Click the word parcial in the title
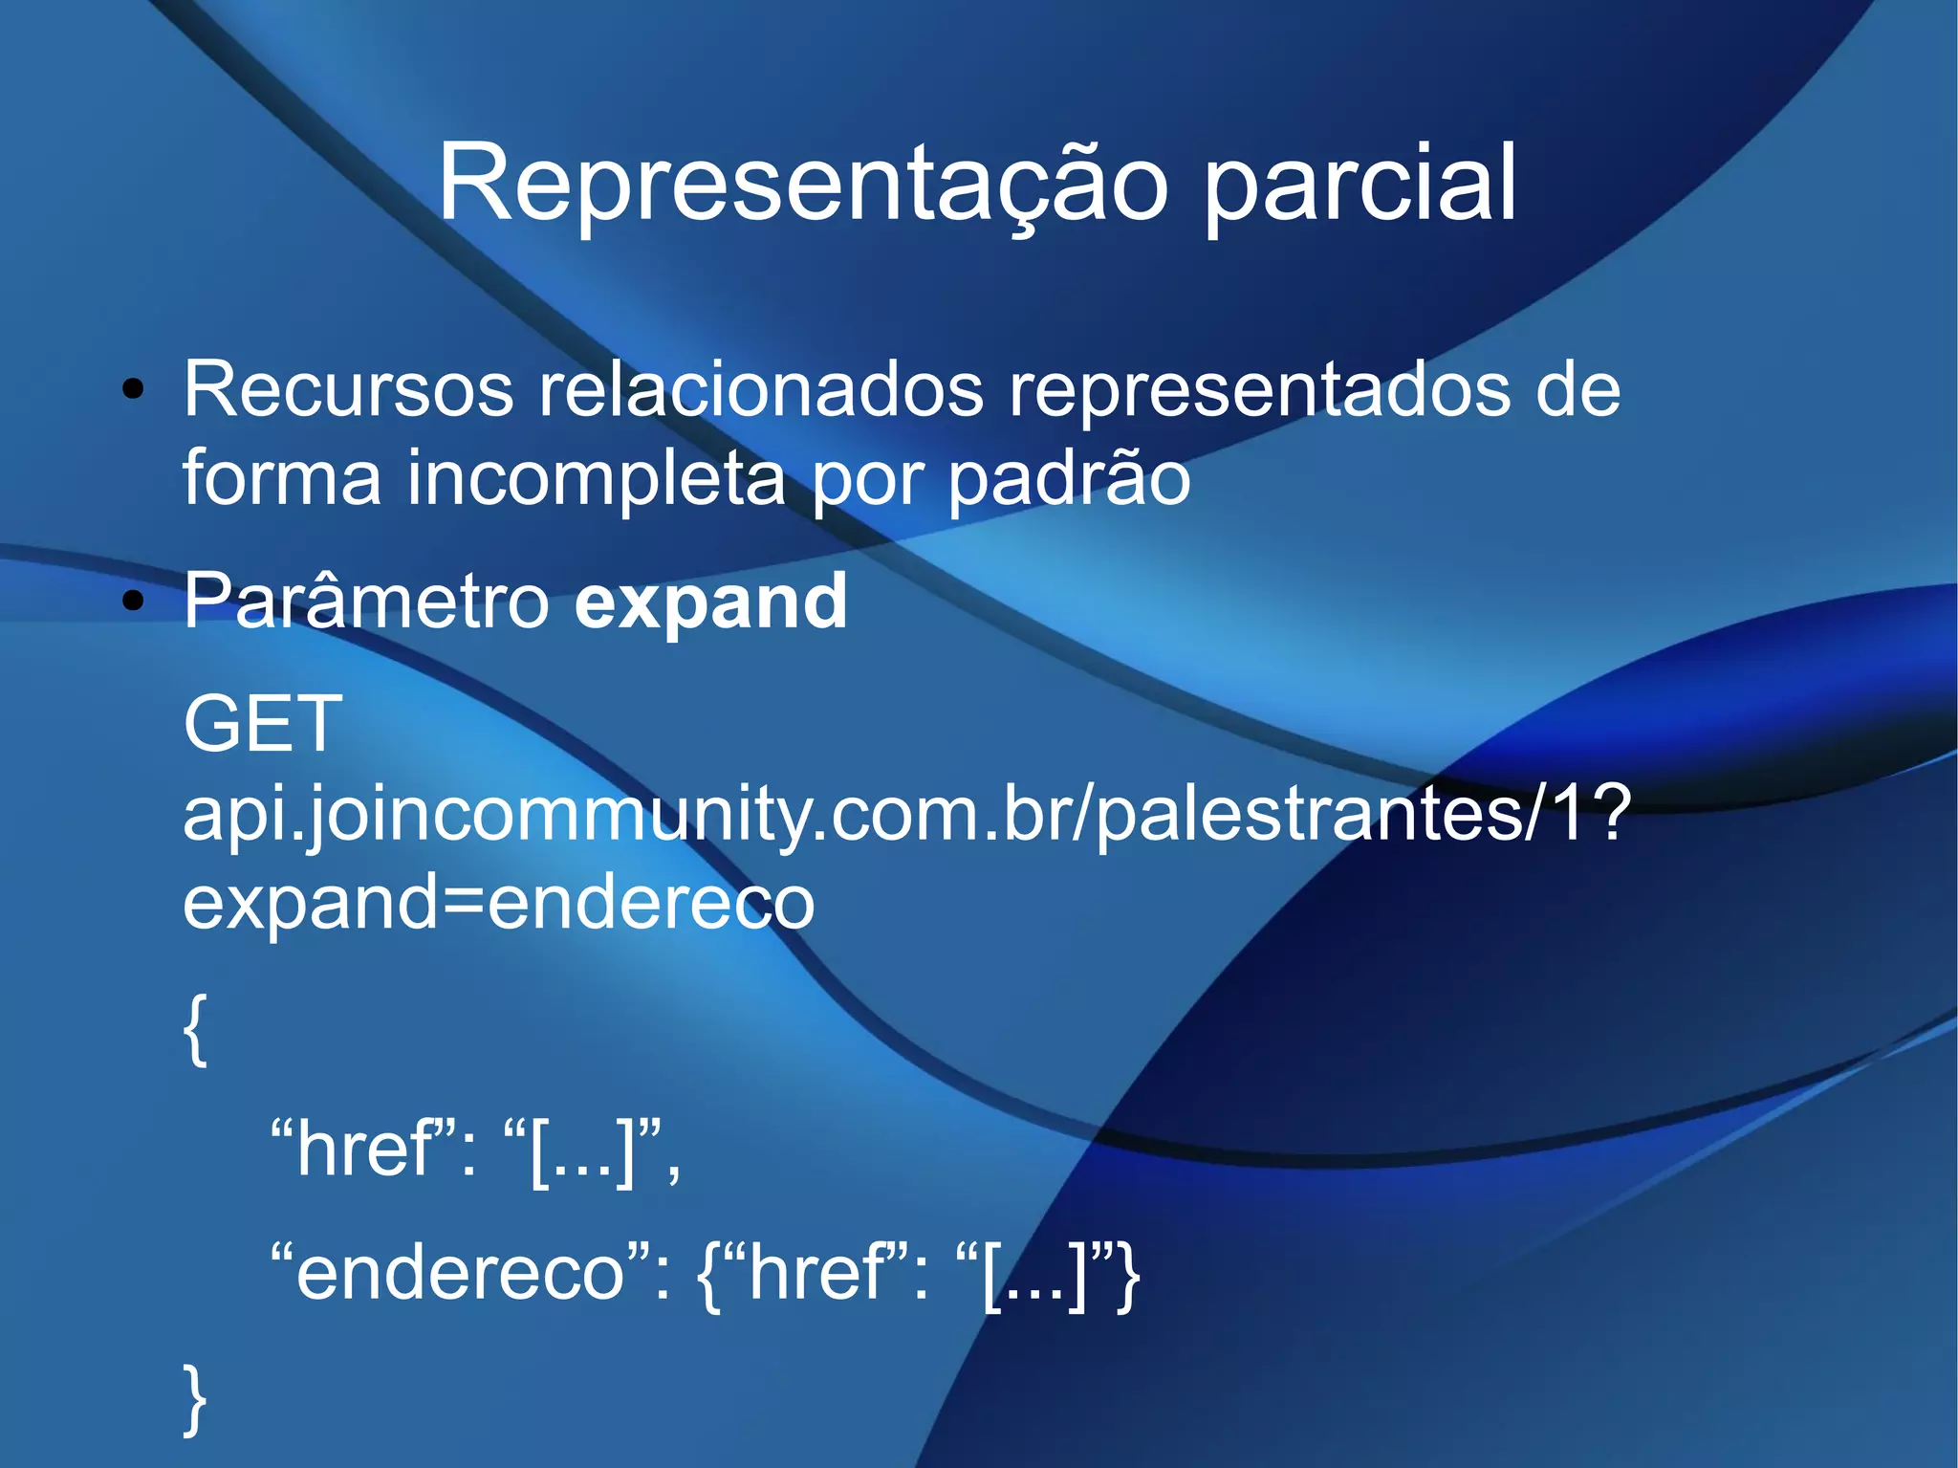pos(1359,184)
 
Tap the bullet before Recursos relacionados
pos(134,389)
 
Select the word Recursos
pos(348,389)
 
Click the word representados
pos(1260,389)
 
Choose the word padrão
pos(1069,477)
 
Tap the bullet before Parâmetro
pos(134,602)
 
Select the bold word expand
pos(710,602)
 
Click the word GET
pos(262,724)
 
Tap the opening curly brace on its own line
pos(195,1028)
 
